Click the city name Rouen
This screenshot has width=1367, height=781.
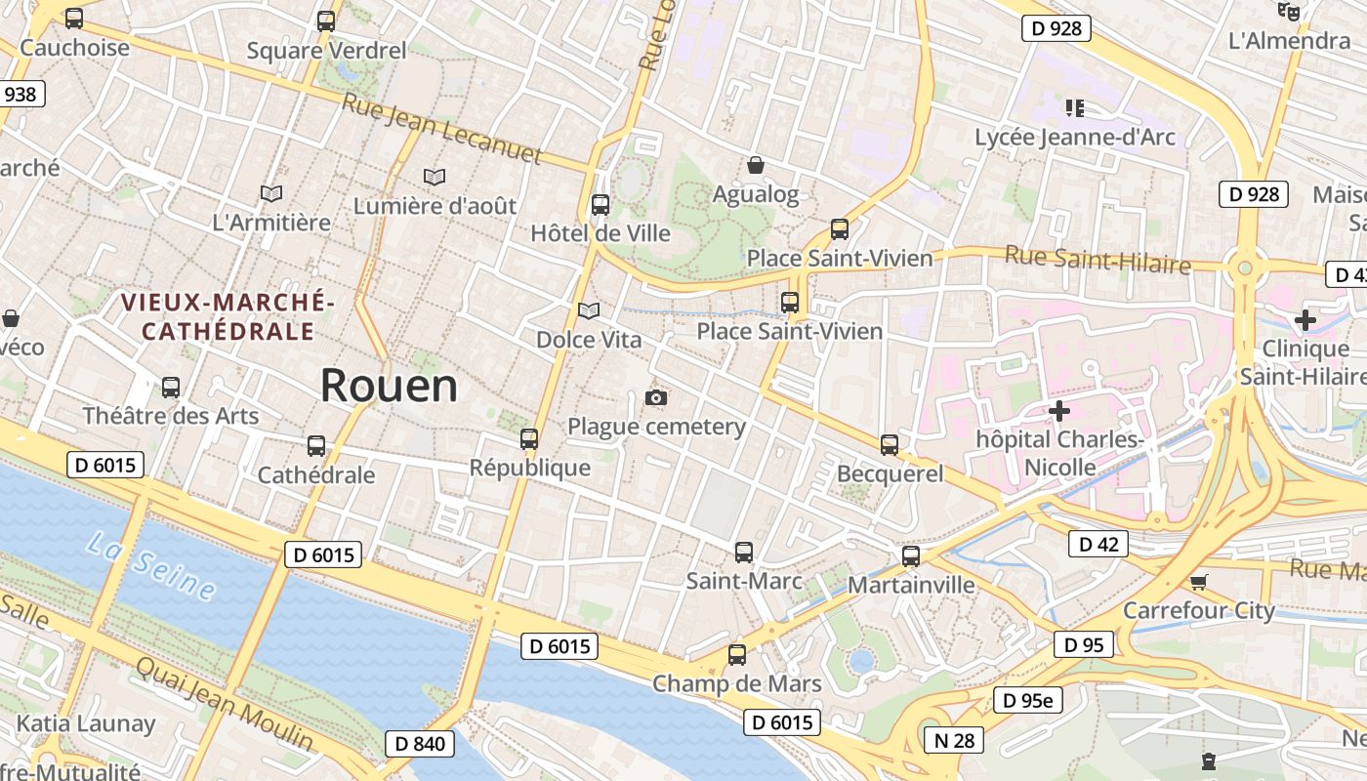click(389, 386)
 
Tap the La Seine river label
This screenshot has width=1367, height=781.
click(150, 566)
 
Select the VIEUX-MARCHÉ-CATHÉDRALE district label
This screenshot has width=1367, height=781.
click(228, 316)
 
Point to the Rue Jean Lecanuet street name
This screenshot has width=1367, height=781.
click(441, 128)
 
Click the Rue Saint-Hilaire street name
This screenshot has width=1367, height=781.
click(1098, 260)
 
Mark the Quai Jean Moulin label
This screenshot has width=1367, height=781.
click(225, 703)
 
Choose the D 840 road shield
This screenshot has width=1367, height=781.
click(420, 744)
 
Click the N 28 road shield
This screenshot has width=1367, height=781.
click(954, 740)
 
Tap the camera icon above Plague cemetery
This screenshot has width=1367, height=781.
click(656, 397)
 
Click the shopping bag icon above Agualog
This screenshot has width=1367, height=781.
click(755, 165)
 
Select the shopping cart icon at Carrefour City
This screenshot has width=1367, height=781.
click(1198, 582)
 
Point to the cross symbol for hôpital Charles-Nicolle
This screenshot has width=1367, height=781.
click(1058, 411)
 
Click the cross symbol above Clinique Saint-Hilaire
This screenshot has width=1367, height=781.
click(1305, 319)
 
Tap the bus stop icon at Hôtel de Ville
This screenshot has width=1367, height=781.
click(601, 205)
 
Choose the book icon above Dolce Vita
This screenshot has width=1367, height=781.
click(588, 310)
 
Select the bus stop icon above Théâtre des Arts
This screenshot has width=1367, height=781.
click(171, 388)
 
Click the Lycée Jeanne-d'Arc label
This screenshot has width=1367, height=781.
click(1075, 138)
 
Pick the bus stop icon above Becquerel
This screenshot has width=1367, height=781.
click(890, 445)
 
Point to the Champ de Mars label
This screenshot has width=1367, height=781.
click(737, 683)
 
